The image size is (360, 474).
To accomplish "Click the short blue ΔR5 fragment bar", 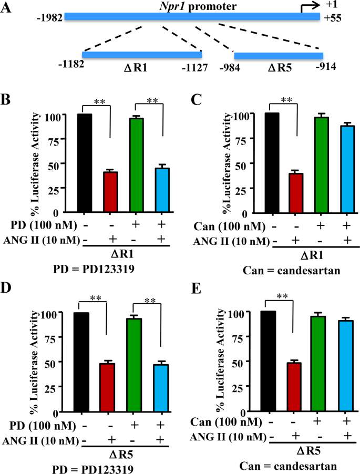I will pos(278,55).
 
